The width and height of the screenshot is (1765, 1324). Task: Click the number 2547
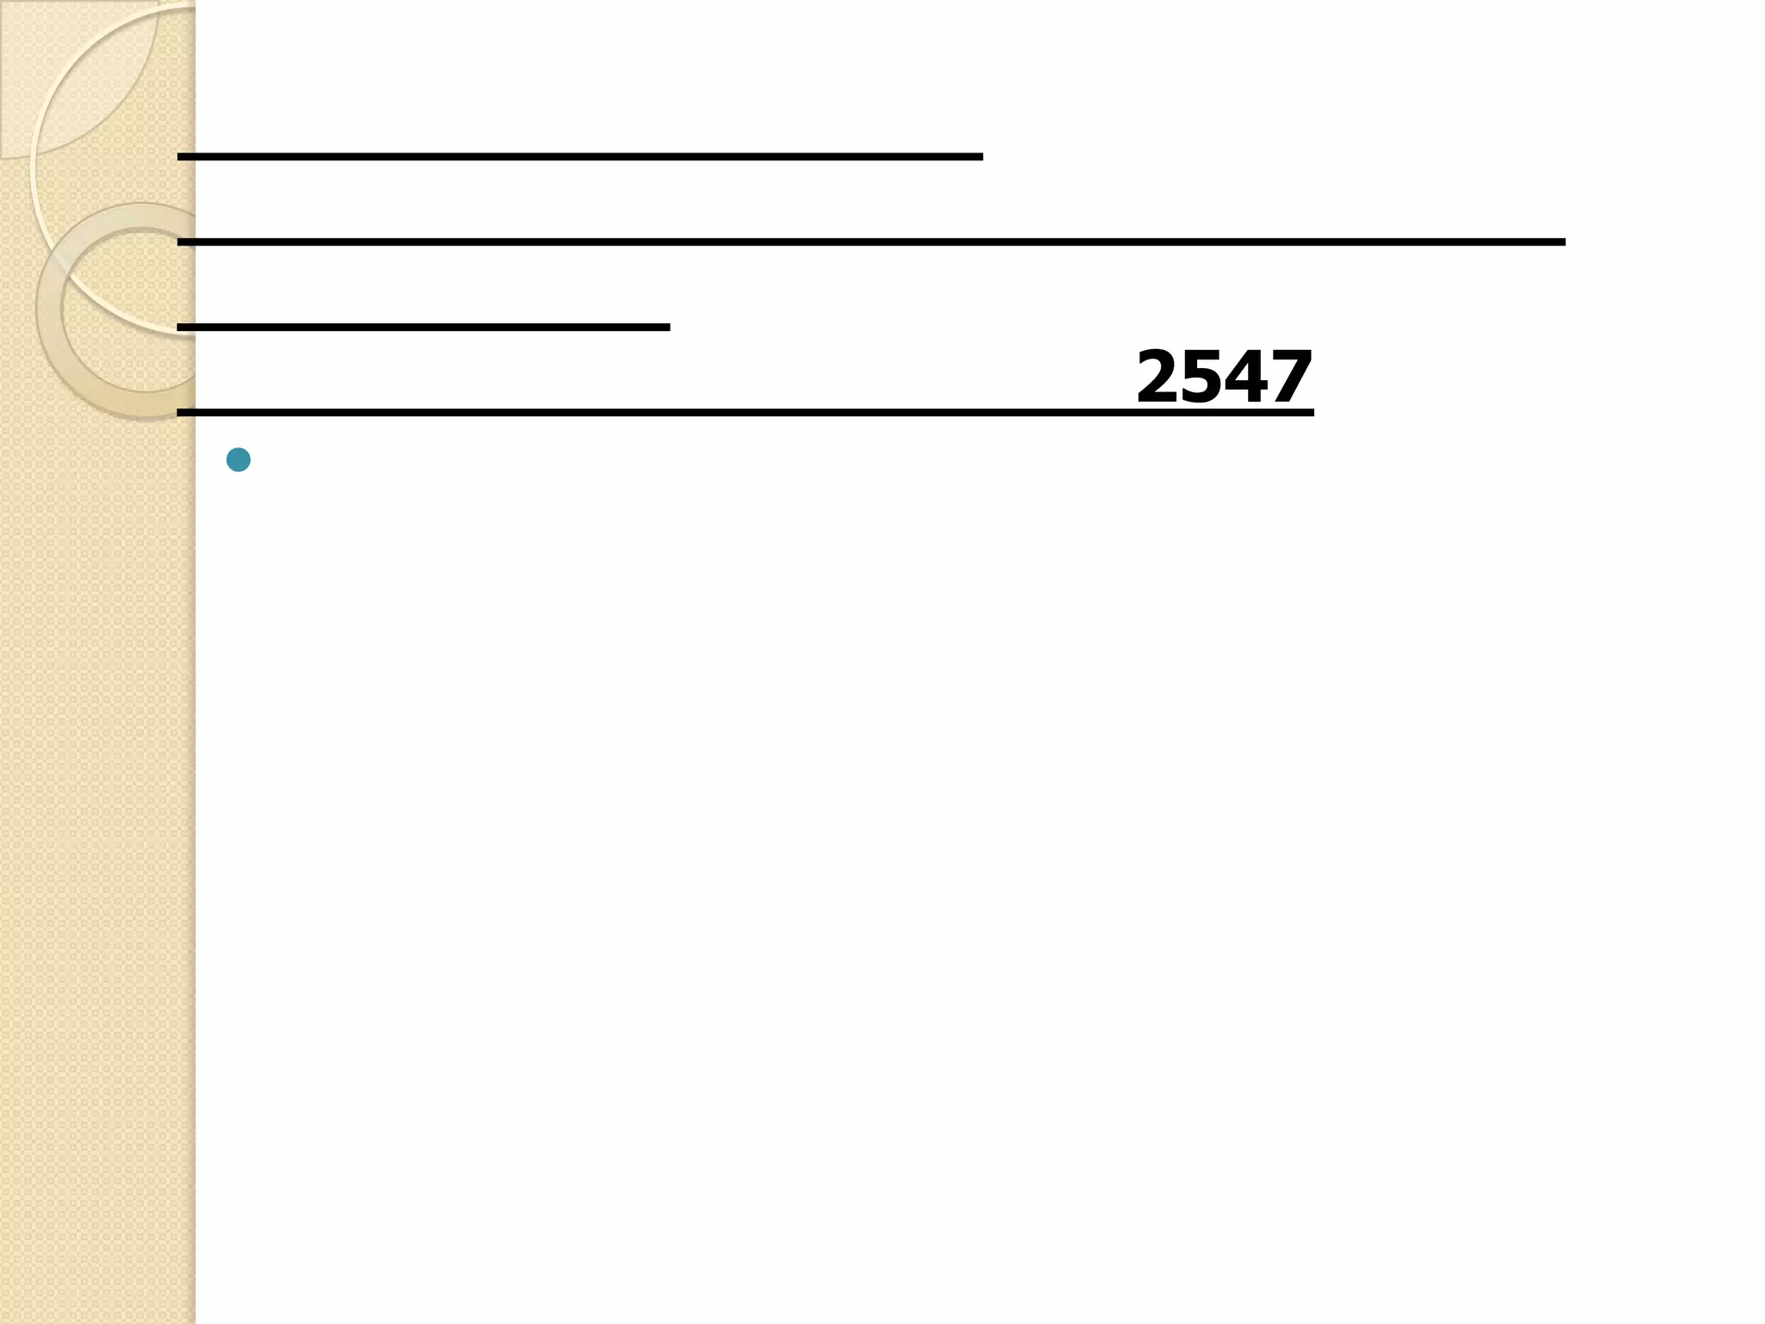coord(1224,377)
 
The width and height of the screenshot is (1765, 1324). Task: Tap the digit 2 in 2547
coord(1159,377)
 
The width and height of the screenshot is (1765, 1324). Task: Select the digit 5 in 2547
coord(1203,377)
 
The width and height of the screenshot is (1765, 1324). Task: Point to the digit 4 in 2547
coord(1247,377)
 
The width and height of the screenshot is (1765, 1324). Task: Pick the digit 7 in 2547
coord(1290,377)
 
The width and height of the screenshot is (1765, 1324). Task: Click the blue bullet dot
coord(238,459)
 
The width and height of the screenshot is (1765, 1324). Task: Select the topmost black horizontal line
coord(579,157)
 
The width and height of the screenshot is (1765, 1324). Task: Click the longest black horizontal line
coord(870,242)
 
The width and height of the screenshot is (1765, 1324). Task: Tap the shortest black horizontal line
coord(423,328)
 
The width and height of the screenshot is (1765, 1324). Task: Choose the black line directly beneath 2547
coord(745,413)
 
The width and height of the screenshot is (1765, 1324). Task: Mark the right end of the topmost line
coord(980,157)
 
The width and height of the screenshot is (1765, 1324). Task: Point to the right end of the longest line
coord(1562,242)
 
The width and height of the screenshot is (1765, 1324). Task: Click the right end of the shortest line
coord(667,328)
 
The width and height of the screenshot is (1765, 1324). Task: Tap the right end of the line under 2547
coord(1311,413)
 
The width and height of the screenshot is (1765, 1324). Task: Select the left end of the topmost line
coord(180,157)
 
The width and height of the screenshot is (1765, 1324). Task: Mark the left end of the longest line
coord(180,242)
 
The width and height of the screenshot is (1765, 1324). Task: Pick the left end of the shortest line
coord(180,328)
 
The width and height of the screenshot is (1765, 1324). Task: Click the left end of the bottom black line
coord(180,413)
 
